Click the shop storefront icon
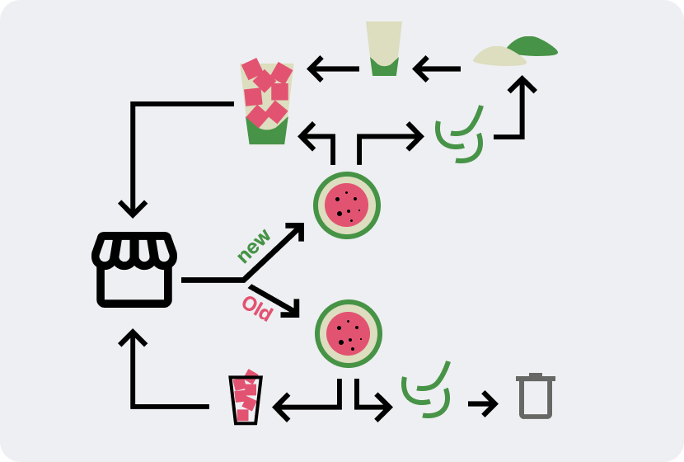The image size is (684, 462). [134, 269]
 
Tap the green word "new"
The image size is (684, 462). [254, 246]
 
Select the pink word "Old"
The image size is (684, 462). [256, 309]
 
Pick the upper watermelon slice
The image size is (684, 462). [347, 205]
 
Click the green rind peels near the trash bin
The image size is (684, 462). [426, 390]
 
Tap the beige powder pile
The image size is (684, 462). [499, 56]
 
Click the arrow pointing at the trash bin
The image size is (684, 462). [483, 404]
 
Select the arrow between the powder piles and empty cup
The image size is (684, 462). [436, 68]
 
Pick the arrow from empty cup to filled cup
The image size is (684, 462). [333, 68]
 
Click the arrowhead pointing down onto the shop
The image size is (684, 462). [133, 206]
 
